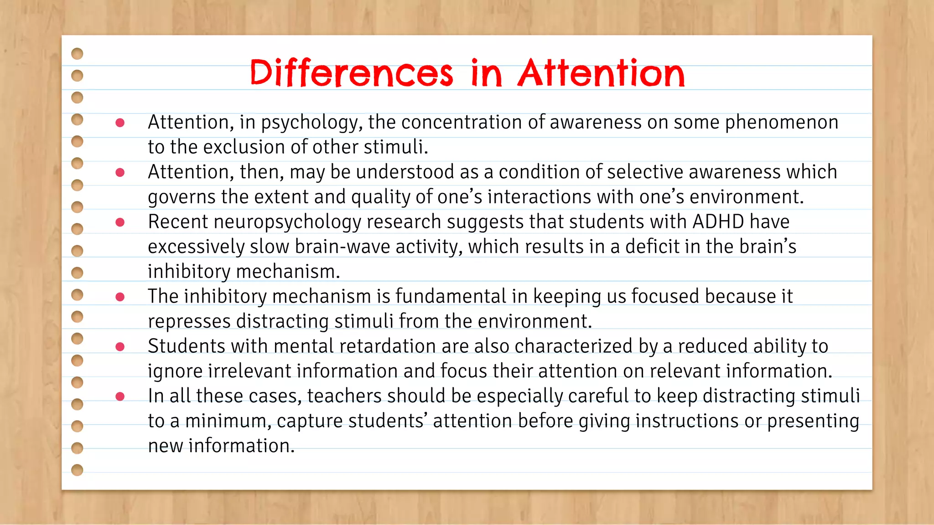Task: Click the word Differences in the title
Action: click(351, 73)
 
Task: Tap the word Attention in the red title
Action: click(601, 73)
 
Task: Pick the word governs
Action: click(182, 197)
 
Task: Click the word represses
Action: click(189, 321)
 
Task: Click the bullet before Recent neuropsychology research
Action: click(120, 222)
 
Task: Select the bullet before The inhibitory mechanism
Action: click(120, 297)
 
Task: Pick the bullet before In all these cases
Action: click(120, 396)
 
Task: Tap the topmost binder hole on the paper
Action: click(78, 54)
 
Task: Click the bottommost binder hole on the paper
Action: click(78, 470)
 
